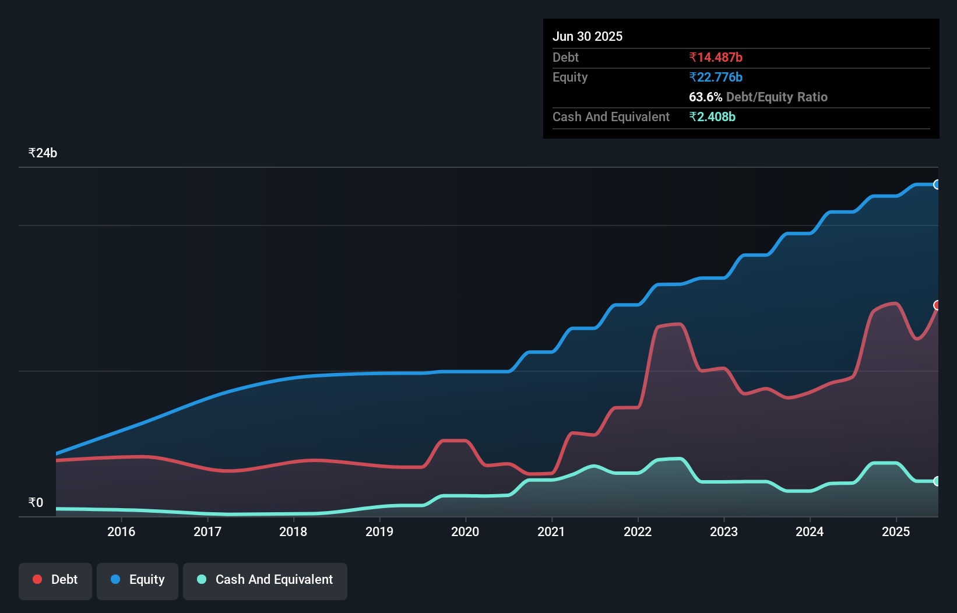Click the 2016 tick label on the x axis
121,531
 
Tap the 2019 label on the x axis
379,531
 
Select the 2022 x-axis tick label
638,531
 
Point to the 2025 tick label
896,531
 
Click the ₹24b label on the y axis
43,153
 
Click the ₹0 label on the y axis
36,502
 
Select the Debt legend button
55,580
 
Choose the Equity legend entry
138,580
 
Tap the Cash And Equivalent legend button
265,580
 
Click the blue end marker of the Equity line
937,185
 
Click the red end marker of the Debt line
937,305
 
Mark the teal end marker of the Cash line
937,481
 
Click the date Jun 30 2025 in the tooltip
587,36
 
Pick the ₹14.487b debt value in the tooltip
716,57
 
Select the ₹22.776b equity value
716,77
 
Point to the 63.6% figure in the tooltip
705,97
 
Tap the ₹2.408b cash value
712,117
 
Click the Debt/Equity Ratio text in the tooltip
777,97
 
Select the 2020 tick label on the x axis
465,531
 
